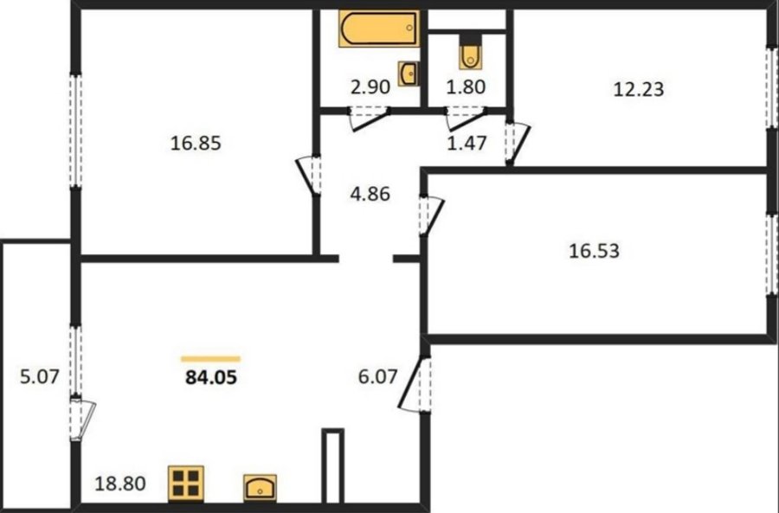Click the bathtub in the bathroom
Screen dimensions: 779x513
pyautogui.click(x=378, y=29)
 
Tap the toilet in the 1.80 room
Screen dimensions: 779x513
pyautogui.click(x=471, y=51)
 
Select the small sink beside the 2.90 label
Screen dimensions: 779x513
pyautogui.click(x=408, y=74)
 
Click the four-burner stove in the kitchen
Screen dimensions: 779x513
pyautogui.click(x=186, y=483)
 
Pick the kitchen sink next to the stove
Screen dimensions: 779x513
pyautogui.click(x=260, y=487)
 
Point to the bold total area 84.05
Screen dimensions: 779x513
pyautogui.click(x=211, y=378)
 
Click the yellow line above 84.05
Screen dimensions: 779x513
pyautogui.click(x=210, y=358)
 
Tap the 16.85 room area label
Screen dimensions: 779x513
pyautogui.click(x=196, y=144)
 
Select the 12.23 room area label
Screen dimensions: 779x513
pyautogui.click(x=639, y=89)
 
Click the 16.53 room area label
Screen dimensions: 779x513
pyautogui.click(x=594, y=251)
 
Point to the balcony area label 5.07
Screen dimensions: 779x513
pyautogui.click(x=40, y=377)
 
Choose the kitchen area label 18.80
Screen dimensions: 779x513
pyautogui.click(x=120, y=484)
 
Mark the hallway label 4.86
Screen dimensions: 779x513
pyautogui.click(x=370, y=194)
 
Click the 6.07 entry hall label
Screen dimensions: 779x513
pyautogui.click(x=378, y=376)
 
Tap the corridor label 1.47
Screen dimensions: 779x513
pyautogui.click(x=467, y=143)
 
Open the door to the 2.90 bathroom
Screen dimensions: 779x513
pyautogui.click(x=368, y=119)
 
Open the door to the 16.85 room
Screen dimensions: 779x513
pyautogui.click(x=308, y=176)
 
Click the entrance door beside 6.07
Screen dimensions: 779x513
pyautogui.click(x=415, y=385)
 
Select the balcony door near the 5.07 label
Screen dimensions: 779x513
pyautogui.click(x=82, y=418)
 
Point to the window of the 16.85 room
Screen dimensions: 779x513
pyautogui.click(x=75, y=131)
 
